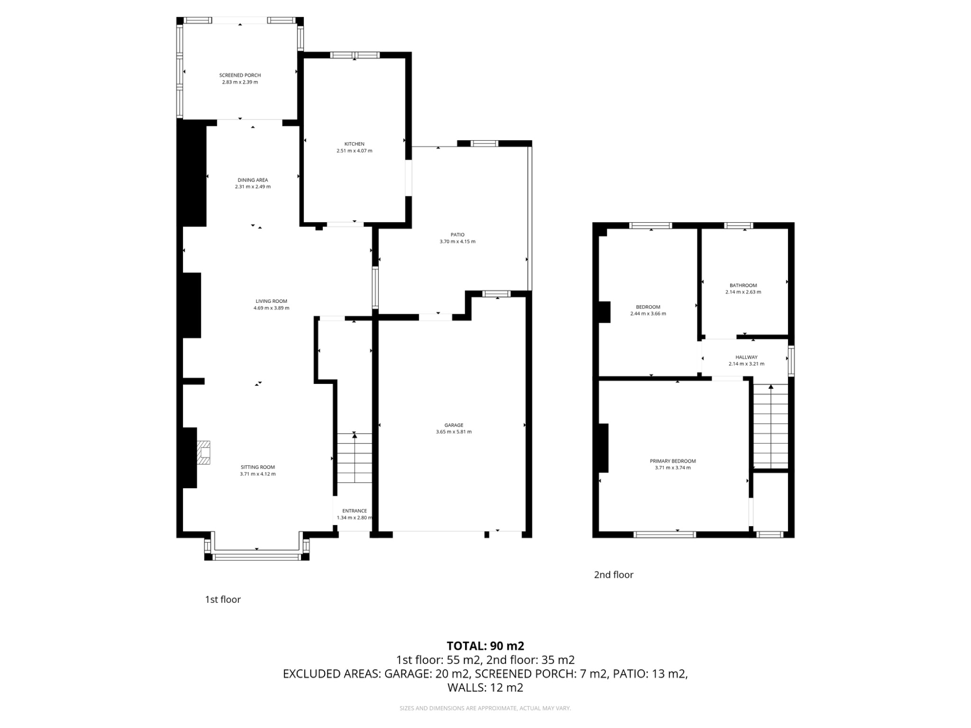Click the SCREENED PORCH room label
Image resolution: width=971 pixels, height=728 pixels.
point(240,75)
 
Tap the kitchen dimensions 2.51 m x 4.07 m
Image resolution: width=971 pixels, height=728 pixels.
point(354,151)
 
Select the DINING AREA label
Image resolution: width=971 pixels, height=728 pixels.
point(253,180)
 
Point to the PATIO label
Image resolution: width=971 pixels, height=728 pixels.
point(458,235)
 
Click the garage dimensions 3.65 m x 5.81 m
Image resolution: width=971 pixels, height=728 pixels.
point(454,432)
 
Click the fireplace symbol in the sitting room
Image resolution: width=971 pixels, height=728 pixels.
point(204,453)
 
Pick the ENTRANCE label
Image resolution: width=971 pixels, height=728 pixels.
point(355,511)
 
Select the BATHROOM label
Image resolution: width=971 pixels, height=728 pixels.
point(743,285)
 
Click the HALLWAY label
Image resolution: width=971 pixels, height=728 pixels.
point(746,357)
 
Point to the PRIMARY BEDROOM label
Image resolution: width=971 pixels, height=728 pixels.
point(672,461)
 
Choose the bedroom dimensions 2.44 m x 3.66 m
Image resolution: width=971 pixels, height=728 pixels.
point(648,314)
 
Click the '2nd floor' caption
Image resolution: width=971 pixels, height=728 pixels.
point(614,575)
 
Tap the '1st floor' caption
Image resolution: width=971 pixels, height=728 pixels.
point(223,600)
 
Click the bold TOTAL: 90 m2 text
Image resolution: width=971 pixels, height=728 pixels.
point(485,646)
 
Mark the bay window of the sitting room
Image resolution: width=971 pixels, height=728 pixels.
point(257,556)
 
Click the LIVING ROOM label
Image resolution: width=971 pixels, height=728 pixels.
point(271,301)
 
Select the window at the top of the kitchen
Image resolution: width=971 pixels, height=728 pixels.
point(355,55)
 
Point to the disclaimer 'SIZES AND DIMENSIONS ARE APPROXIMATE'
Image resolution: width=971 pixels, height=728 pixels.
point(485,709)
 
